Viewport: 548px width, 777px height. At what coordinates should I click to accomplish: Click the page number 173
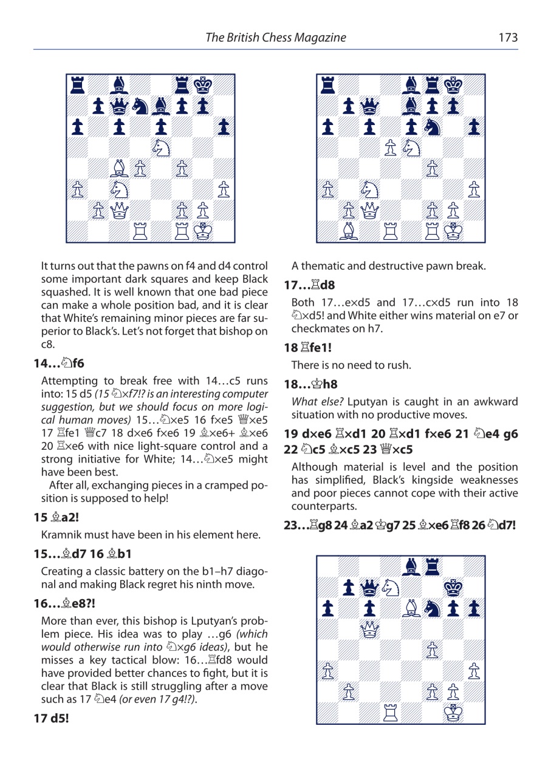507,38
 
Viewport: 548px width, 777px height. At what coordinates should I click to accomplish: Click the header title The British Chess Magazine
276,38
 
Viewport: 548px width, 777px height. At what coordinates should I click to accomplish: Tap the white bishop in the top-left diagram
120,169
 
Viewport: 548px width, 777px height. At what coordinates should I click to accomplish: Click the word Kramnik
60,535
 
